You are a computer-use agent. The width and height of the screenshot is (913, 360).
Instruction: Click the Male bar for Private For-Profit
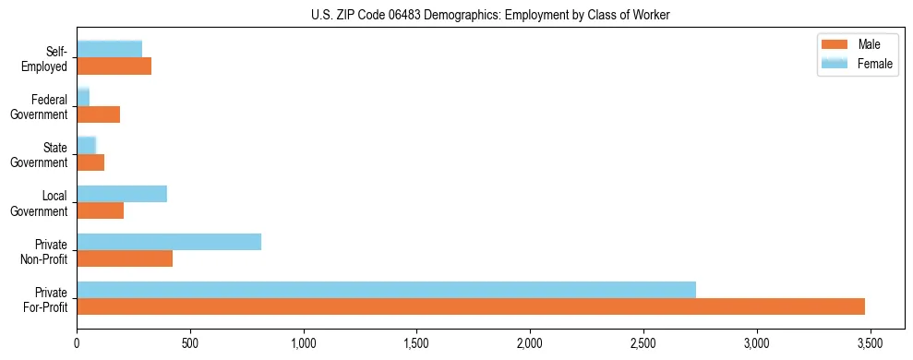(471, 306)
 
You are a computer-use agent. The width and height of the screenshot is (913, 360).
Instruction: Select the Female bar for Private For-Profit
(386, 290)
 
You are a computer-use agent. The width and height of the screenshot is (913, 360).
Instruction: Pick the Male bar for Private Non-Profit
(125, 258)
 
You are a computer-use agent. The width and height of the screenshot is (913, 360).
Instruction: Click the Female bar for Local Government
(122, 194)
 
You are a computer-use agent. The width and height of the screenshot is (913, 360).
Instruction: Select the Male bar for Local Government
(100, 210)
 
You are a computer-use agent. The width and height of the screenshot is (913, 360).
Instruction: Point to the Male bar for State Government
(90, 162)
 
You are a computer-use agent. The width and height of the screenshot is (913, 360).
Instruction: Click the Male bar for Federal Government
(98, 114)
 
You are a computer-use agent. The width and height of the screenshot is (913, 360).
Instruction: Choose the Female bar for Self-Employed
(109, 50)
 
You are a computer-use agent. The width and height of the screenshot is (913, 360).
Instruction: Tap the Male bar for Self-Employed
(114, 66)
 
